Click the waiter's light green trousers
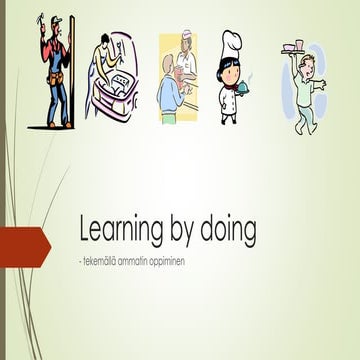[306, 116]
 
